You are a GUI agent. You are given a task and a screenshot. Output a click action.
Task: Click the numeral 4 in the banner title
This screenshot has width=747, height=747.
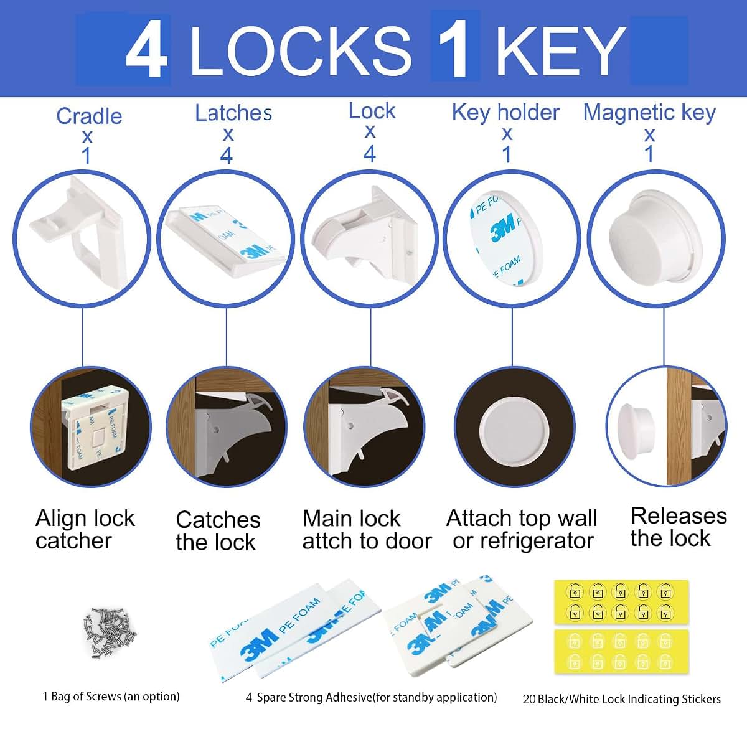[x=147, y=49]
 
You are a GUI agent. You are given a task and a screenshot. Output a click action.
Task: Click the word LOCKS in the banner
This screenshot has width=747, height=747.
[x=301, y=50]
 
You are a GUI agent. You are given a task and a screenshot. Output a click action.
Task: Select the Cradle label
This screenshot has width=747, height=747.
[x=89, y=116]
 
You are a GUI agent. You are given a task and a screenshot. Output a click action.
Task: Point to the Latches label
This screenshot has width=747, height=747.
[x=233, y=113]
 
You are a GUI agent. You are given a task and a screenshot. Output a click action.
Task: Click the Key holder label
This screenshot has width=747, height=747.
[x=505, y=113]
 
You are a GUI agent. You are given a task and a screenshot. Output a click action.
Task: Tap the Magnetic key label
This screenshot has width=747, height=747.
[x=649, y=113]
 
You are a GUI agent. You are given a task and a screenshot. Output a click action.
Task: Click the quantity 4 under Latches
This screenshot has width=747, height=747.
[x=227, y=156]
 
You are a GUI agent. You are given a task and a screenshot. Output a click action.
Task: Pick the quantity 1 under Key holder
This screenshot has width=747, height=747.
[x=507, y=154]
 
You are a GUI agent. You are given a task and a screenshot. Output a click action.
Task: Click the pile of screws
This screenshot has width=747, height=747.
[x=110, y=632]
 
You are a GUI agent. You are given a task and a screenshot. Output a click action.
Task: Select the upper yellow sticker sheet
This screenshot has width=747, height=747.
[x=621, y=602]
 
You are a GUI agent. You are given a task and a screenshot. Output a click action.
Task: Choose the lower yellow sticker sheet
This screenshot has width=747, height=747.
[x=622, y=652]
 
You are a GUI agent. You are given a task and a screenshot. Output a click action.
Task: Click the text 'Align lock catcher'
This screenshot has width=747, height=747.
[x=85, y=530]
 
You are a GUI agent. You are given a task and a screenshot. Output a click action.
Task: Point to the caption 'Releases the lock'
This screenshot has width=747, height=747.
[x=679, y=527]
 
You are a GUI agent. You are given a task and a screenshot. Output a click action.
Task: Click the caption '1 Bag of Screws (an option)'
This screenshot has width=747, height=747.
[x=111, y=696]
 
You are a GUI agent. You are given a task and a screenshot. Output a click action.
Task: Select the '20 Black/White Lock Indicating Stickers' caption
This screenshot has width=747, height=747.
[x=621, y=699]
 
